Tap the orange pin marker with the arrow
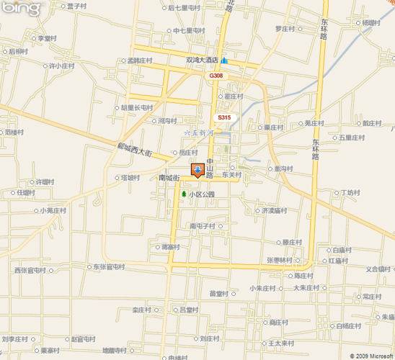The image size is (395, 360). point(197,171)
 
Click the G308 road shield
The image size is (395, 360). point(216,76)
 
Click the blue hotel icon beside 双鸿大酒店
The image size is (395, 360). point(226,60)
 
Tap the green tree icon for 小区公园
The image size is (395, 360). point(184,194)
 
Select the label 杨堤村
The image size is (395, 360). point(373,23)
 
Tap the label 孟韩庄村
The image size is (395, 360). point(141,60)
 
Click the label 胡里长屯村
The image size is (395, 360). point(137,107)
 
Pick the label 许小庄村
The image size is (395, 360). point(61,66)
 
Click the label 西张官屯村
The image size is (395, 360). point(30,271)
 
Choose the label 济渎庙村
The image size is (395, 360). point(275,211)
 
